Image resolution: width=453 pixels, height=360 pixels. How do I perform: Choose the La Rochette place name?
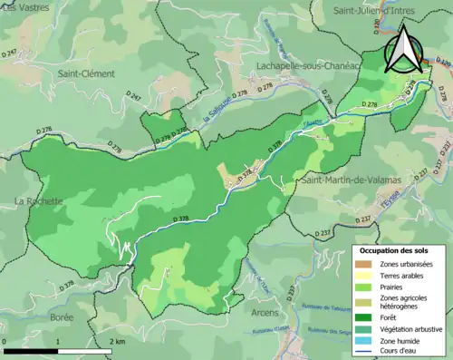coord(37,201)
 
